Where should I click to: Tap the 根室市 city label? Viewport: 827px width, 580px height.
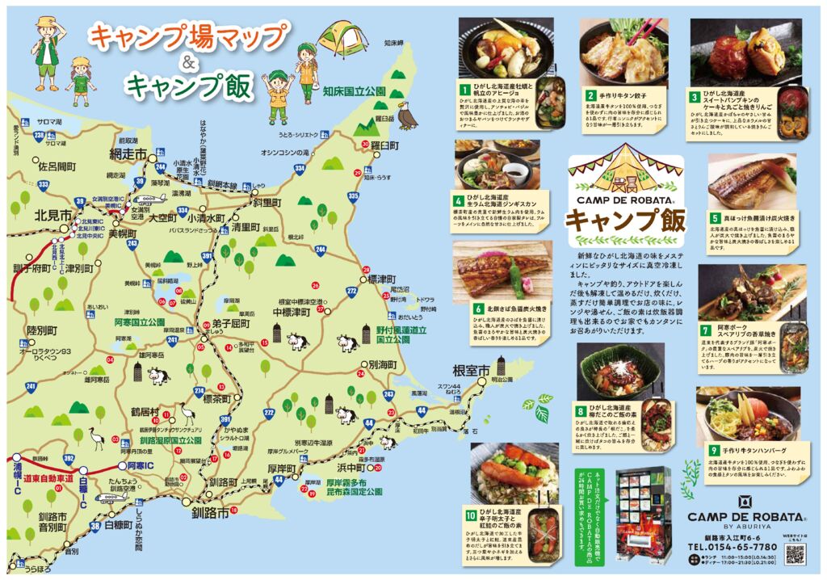(471, 371)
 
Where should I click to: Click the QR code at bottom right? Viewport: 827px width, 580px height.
(796, 553)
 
